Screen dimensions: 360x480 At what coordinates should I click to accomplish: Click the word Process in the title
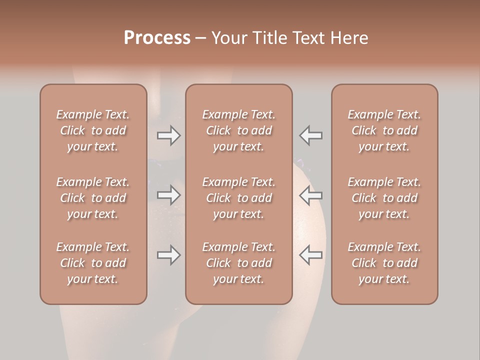(157, 38)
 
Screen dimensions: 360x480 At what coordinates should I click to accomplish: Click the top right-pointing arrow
(169, 135)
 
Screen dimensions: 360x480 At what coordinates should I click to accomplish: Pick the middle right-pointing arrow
(169, 194)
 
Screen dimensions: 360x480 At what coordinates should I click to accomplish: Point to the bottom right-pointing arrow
(169, 255)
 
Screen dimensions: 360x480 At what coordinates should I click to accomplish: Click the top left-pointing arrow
(311, 135)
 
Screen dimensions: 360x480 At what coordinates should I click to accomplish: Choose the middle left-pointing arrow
(311, 194)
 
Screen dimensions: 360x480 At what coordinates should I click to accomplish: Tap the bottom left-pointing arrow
(311, 255)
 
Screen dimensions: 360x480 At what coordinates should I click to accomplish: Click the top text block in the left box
(93, 130)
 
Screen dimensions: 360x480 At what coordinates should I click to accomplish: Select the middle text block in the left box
(93, 198)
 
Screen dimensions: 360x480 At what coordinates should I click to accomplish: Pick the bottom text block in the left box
(93, 263)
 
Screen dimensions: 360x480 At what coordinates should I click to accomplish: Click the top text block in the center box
(238, 130)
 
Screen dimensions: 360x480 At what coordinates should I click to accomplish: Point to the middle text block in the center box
(238, 198)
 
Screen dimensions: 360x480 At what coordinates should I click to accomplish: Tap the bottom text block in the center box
(238, 263)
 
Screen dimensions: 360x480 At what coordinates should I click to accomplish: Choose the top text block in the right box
(384, 130)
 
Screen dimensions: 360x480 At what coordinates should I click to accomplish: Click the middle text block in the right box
(384, 198)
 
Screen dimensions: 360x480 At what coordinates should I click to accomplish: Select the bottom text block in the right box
(384, 263)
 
